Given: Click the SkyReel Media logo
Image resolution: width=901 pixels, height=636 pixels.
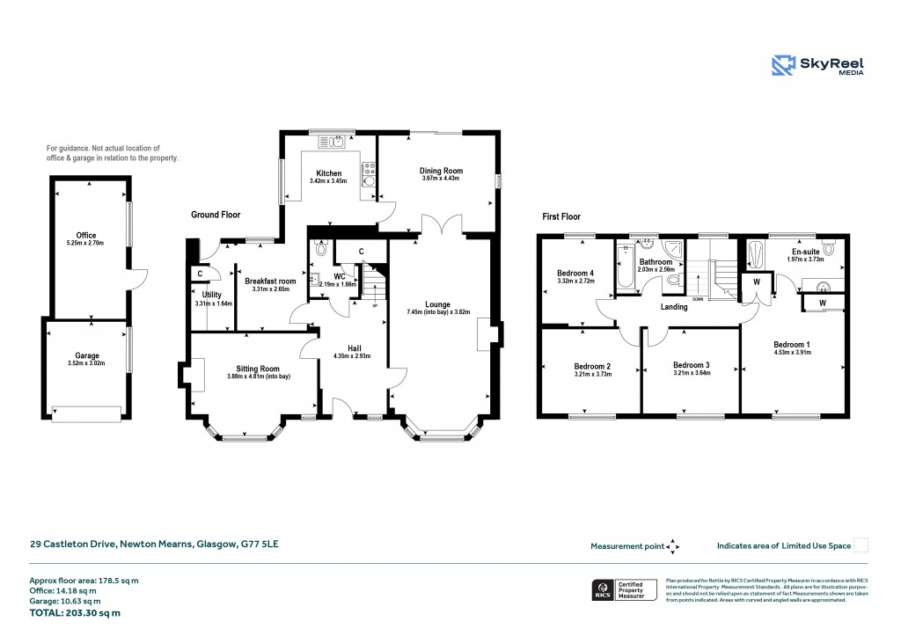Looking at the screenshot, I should pos(817,66).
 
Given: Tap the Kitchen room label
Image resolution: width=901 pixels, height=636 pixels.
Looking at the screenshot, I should pos(327,173).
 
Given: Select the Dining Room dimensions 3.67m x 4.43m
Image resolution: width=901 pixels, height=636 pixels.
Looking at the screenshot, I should pos(442,179).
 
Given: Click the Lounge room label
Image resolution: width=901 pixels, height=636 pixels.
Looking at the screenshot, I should pos(440,304).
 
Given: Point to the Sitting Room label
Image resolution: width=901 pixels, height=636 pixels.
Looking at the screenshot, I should pos(258,369).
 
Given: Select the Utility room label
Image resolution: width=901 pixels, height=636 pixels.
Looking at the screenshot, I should pos(211,295).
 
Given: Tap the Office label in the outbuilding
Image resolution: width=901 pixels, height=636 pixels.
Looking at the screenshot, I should pos(86,235).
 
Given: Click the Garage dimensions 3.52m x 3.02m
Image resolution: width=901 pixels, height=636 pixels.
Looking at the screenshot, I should pos(86,340).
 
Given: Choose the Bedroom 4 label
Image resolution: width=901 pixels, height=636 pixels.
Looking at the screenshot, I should pos(575,274).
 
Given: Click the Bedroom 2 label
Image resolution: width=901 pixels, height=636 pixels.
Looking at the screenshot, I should pos(592,365).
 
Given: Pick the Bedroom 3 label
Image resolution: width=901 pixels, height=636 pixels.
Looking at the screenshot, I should pos(691,365).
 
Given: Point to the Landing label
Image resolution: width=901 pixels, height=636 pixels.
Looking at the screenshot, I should pos(674,307).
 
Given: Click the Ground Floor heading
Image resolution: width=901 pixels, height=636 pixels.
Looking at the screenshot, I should pos(216,215).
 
